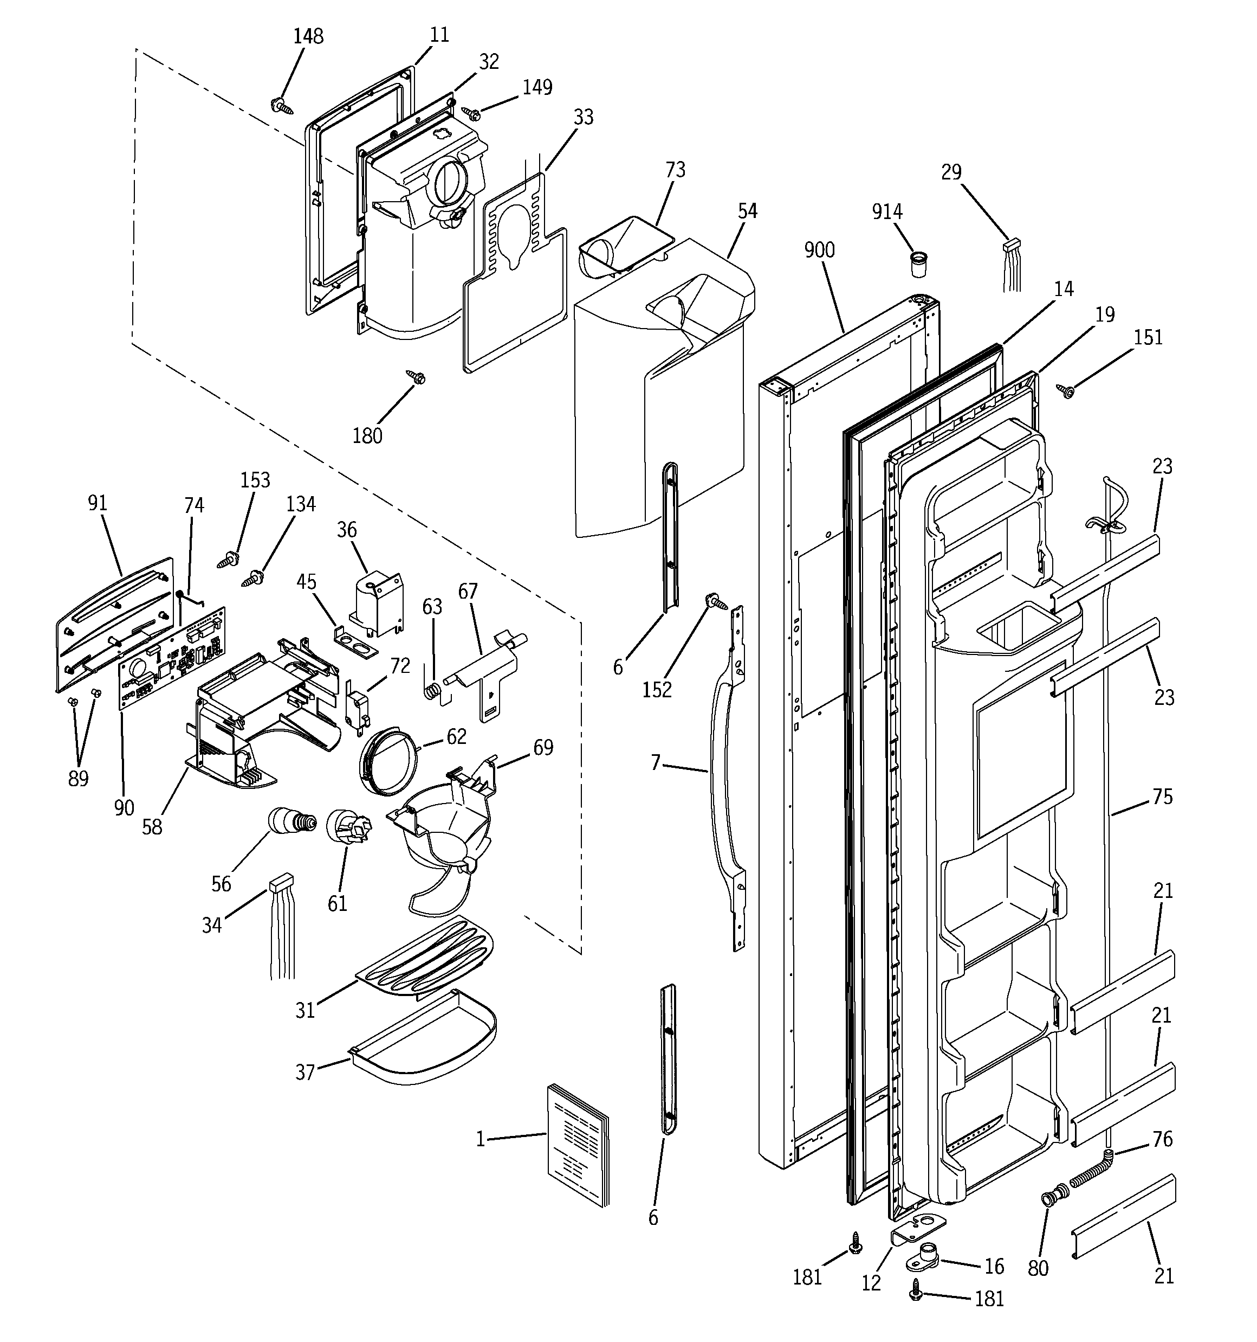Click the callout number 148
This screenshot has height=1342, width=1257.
click(x=308, y=36)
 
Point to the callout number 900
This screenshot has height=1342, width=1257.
click(x=819, y=250)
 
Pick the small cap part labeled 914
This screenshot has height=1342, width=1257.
click(x=918, y=264)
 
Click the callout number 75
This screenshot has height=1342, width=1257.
click(x=1162, y=797)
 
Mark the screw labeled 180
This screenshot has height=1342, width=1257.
click(x=416, y=377)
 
